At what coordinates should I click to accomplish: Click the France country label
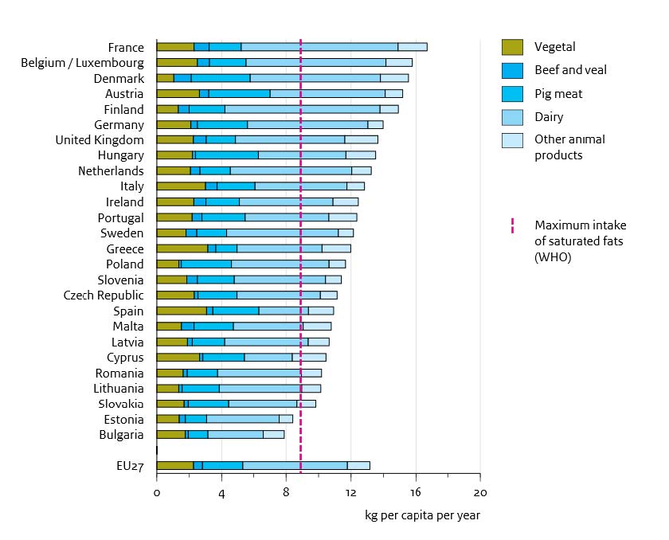tap(127, 47)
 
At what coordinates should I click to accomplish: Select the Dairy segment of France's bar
tap(319, 47)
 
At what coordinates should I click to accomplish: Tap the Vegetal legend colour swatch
tap(511, 47)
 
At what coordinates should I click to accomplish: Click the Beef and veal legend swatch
tap(511, 70)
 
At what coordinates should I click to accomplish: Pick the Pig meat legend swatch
tap(511, 94)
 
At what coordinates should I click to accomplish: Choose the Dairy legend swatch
tap(511, 117)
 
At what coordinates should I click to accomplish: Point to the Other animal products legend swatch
tap(511, 141)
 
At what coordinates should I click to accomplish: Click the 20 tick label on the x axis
tap(479, 493)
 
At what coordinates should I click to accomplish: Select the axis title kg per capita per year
tap(422, 515)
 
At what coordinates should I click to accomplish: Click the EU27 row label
tap(128, 466)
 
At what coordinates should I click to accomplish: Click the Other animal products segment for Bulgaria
tap(273, 435)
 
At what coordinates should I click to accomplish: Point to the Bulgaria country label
tap(122, 435)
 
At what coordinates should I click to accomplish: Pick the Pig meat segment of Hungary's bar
tap(227, 155)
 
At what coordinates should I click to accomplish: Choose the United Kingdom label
tap(100, 140)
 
